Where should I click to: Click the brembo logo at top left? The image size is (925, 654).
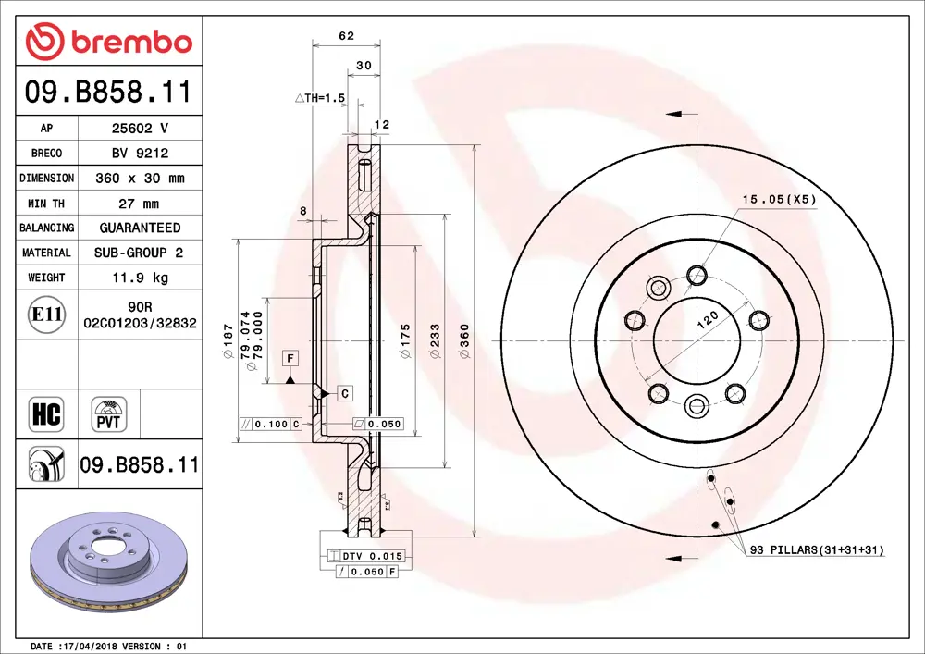click(x=109, y=41)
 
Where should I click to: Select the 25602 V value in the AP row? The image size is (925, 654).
click(x=140, y=129)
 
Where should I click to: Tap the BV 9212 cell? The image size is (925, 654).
click(x=140, y=154)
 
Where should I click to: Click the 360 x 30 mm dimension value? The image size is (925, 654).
click(x=140, y=178)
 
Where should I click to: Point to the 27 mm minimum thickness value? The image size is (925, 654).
click(x=140, y=203)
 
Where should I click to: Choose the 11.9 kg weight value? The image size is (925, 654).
click(x=140, y=278)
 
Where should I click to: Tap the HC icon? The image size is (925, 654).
click(x=46, y=413)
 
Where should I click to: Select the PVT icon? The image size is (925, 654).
click(x=109, y=413)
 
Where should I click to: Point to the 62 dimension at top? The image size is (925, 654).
click(x=347, y=36)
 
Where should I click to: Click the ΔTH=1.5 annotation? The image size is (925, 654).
click(x=319, y=97)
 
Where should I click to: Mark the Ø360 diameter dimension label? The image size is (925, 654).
click(x=464, y=340)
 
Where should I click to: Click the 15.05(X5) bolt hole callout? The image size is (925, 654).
click(x=779, y=199)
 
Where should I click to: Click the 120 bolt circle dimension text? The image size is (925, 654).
click(x=708, y=321)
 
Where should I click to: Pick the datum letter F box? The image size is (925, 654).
click(x=290, y=357)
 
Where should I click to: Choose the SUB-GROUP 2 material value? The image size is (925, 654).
click(x=140, y=253)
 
